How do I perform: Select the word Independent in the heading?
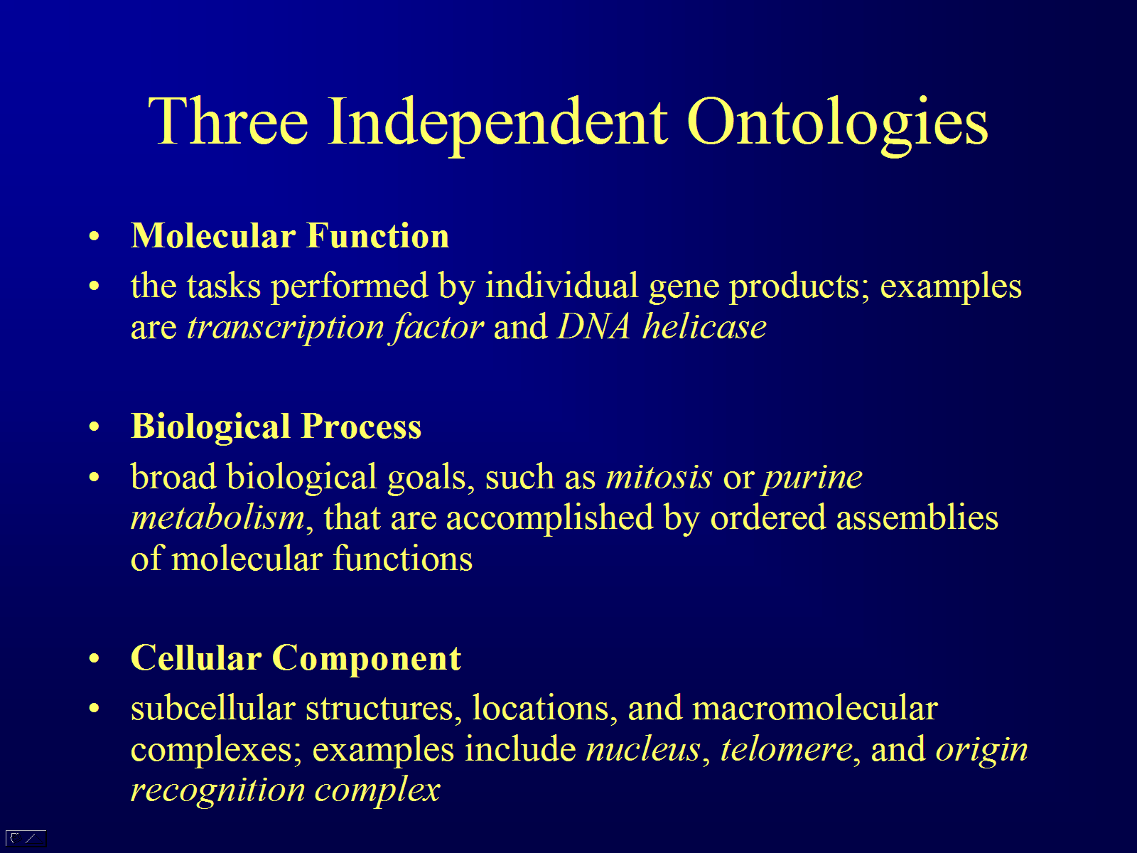coord(497,124)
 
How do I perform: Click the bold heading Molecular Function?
coord(289,236)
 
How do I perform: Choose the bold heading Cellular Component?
coord(296,658)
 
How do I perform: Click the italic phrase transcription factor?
coord(335,327)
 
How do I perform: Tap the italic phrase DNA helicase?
coord(662,327)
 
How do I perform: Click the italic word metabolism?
coord(217,517)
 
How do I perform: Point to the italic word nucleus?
coord(643,750)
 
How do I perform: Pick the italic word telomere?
coord(787,749)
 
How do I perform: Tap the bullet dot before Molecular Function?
coord(94,237)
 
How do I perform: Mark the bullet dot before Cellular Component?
coord(94,659)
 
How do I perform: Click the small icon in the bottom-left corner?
coord(26,837)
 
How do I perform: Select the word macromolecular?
coord(815,709)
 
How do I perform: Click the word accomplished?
coord(549,518)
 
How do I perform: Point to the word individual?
coord(561,286)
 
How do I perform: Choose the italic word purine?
coord(813,478)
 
